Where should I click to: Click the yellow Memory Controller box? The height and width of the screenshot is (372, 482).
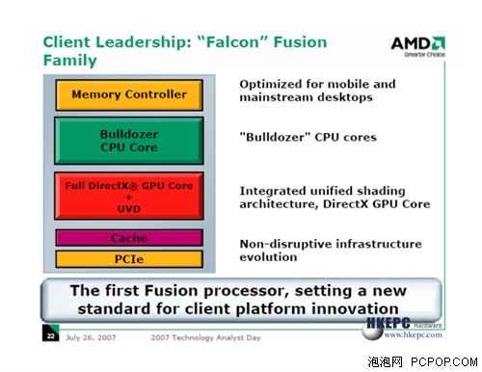(128, 95)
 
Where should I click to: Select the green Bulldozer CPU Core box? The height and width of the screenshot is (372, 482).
(128, 141)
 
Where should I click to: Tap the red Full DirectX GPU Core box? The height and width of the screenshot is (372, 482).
(128, 195)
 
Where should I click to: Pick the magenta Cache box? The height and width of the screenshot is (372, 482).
(128, 238)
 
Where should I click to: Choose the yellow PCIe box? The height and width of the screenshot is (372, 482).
(128, 258)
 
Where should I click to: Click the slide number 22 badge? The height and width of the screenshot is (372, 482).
(50, 336)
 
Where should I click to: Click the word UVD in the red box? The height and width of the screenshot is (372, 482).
(128, 208)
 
